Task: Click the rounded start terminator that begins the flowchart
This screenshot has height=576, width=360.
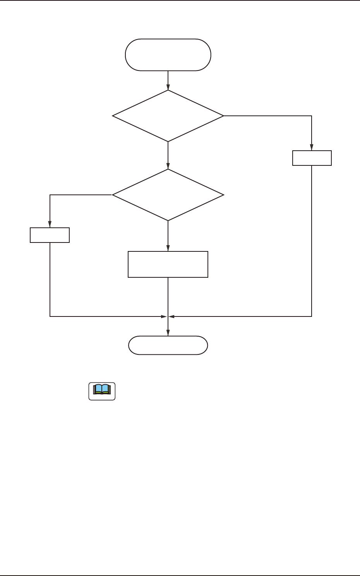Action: pos(168,55)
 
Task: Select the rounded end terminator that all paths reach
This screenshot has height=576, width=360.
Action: pos(168,345)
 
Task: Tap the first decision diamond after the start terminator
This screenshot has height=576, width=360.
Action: pos(168,116)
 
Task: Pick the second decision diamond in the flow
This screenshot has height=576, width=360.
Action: pos(168,195)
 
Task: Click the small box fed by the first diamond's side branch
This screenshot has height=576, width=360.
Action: pos(312,158)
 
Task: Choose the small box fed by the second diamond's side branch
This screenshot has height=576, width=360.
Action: pos(50,235)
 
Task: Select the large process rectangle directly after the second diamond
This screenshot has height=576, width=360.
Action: pos(168,264)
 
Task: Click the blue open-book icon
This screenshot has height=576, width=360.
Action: pos(102,391)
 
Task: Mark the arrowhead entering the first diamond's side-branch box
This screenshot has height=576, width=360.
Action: pos(312,148)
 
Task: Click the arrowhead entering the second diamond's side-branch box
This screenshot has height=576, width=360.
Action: pos(50,225)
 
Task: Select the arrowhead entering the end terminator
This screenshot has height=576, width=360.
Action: pos(168,333)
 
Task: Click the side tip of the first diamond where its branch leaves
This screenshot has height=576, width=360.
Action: pos(223,116)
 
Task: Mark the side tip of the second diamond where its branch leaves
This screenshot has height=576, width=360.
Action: pos(113,195)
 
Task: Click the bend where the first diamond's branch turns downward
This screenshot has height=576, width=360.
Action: pos(312,116)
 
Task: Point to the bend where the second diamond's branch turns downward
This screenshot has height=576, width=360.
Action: pos(50,195)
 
